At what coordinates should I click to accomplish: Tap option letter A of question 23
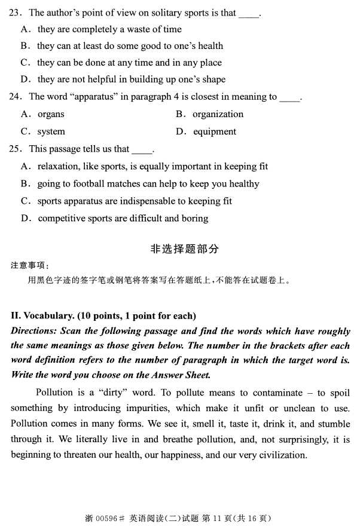pyautogui.click(x=25, y=29)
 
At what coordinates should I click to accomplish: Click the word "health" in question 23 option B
pyautogui.click(x=209, y=45)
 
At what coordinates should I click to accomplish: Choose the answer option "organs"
pyautogui.click(x=51, y=114)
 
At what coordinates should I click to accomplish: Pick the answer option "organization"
pyautogui.click(x=218, y=114)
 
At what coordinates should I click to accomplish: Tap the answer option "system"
pyautogui.click(x=51, y=131)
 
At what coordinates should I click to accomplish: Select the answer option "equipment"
pyautogui.click(x=214, y=131)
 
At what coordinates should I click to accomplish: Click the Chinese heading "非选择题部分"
pyautogui.click(x=184, y=249)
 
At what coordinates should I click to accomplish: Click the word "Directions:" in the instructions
pyautogui.click(x=35, y=330)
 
